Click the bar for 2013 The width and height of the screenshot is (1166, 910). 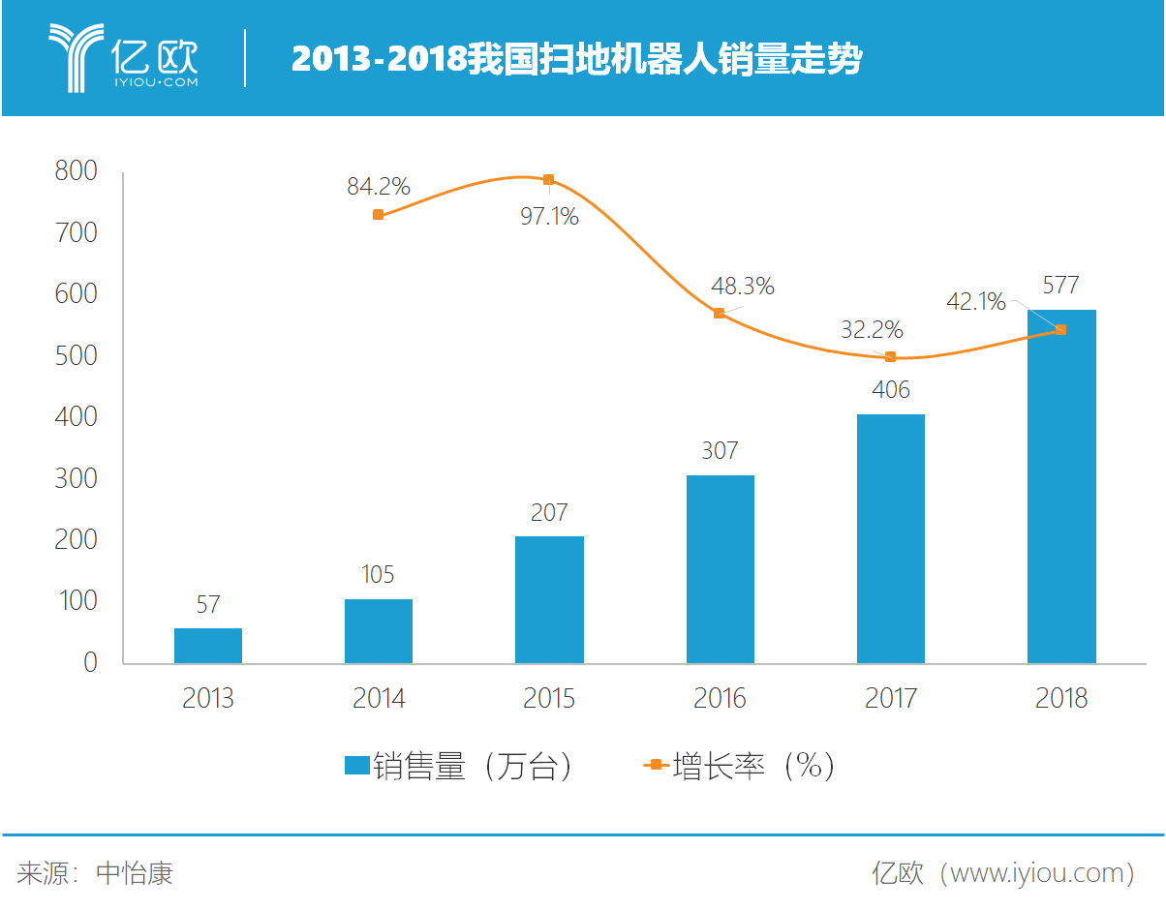[x=208, y=646]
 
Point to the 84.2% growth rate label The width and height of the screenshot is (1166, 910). [x=379, y=187]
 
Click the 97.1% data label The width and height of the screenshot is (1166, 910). [x=549, y=217]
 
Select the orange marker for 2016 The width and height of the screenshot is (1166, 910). [x=720, y=314]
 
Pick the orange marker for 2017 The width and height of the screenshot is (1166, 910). [x=891, y=357]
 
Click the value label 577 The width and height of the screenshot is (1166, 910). [x=1061, y=286]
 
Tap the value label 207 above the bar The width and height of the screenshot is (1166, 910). [x=549, y=512]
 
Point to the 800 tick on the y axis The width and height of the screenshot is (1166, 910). [x=77, y=171]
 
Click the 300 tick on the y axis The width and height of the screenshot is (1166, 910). [x=77, y=478]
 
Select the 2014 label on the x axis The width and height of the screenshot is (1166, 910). [x=379, y=698]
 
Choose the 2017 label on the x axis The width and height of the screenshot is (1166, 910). [x=891, y=698]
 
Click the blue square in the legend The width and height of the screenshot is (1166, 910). [x=356, y=767]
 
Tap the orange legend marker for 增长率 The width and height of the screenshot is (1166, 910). [x=656, y=767]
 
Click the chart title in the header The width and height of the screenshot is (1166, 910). [x=576, y=60]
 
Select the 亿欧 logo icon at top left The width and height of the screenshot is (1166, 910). [x=75, y=58]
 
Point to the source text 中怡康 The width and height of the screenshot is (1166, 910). [x=135, y=874]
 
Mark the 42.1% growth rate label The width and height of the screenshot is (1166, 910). [x=976, y=302]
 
